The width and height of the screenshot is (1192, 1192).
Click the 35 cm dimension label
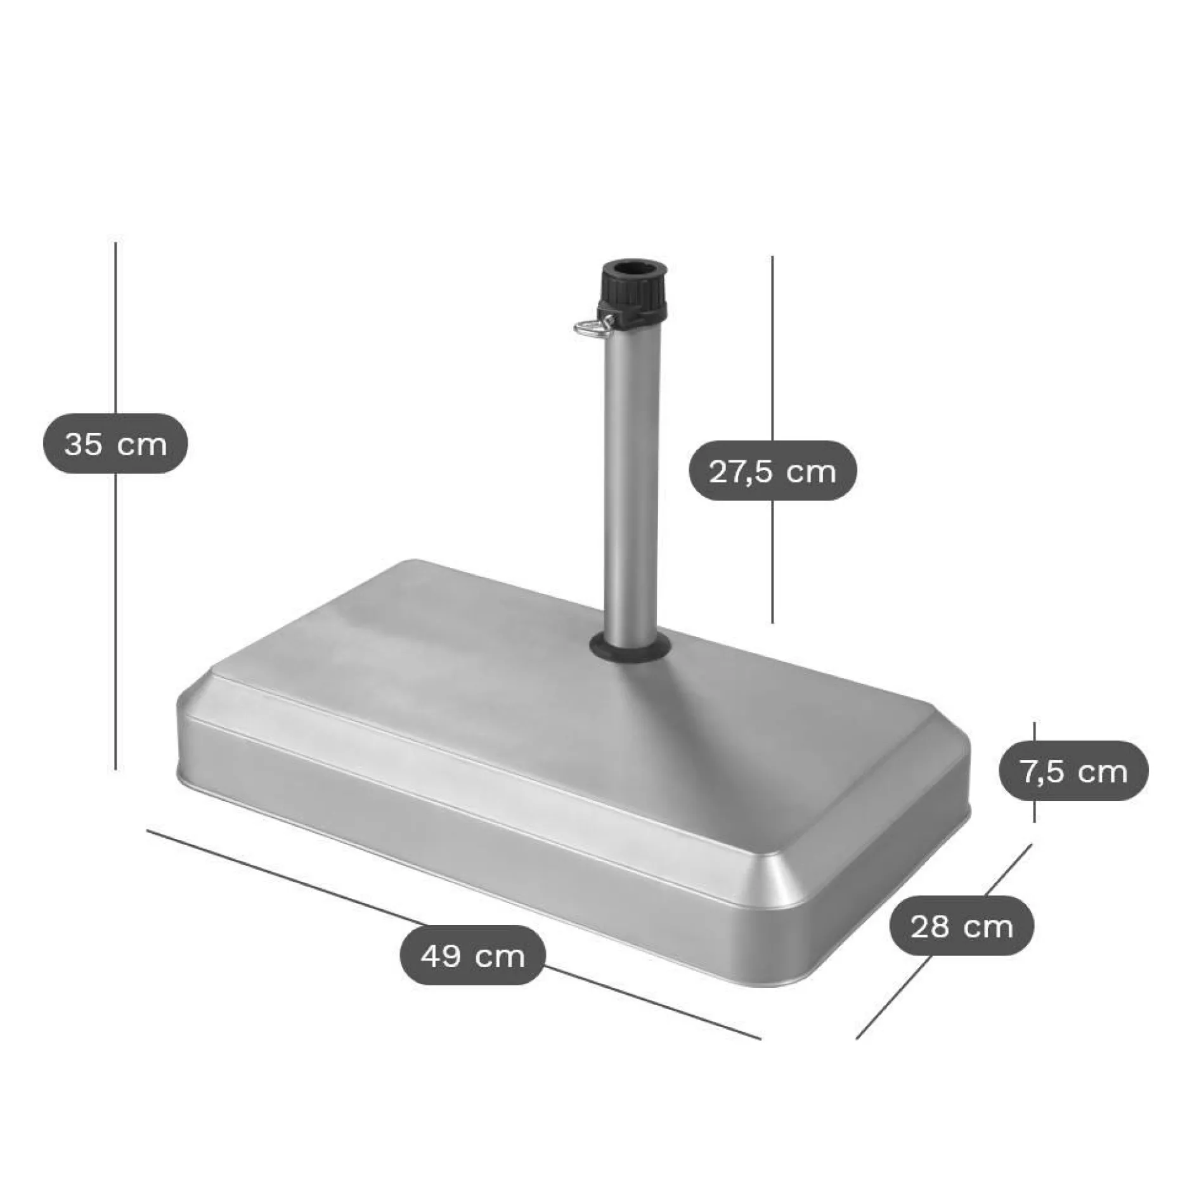115,444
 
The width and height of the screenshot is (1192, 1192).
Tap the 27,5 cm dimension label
772,471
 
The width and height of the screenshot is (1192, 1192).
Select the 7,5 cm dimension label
1073,771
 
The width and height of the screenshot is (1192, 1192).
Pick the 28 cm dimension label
961,927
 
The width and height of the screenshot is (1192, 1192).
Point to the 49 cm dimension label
473,955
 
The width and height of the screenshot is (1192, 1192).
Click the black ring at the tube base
630,647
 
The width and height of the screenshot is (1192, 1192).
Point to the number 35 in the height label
83,444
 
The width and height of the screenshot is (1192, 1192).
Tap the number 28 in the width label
930,927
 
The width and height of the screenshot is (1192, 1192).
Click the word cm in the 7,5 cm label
1103,771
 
